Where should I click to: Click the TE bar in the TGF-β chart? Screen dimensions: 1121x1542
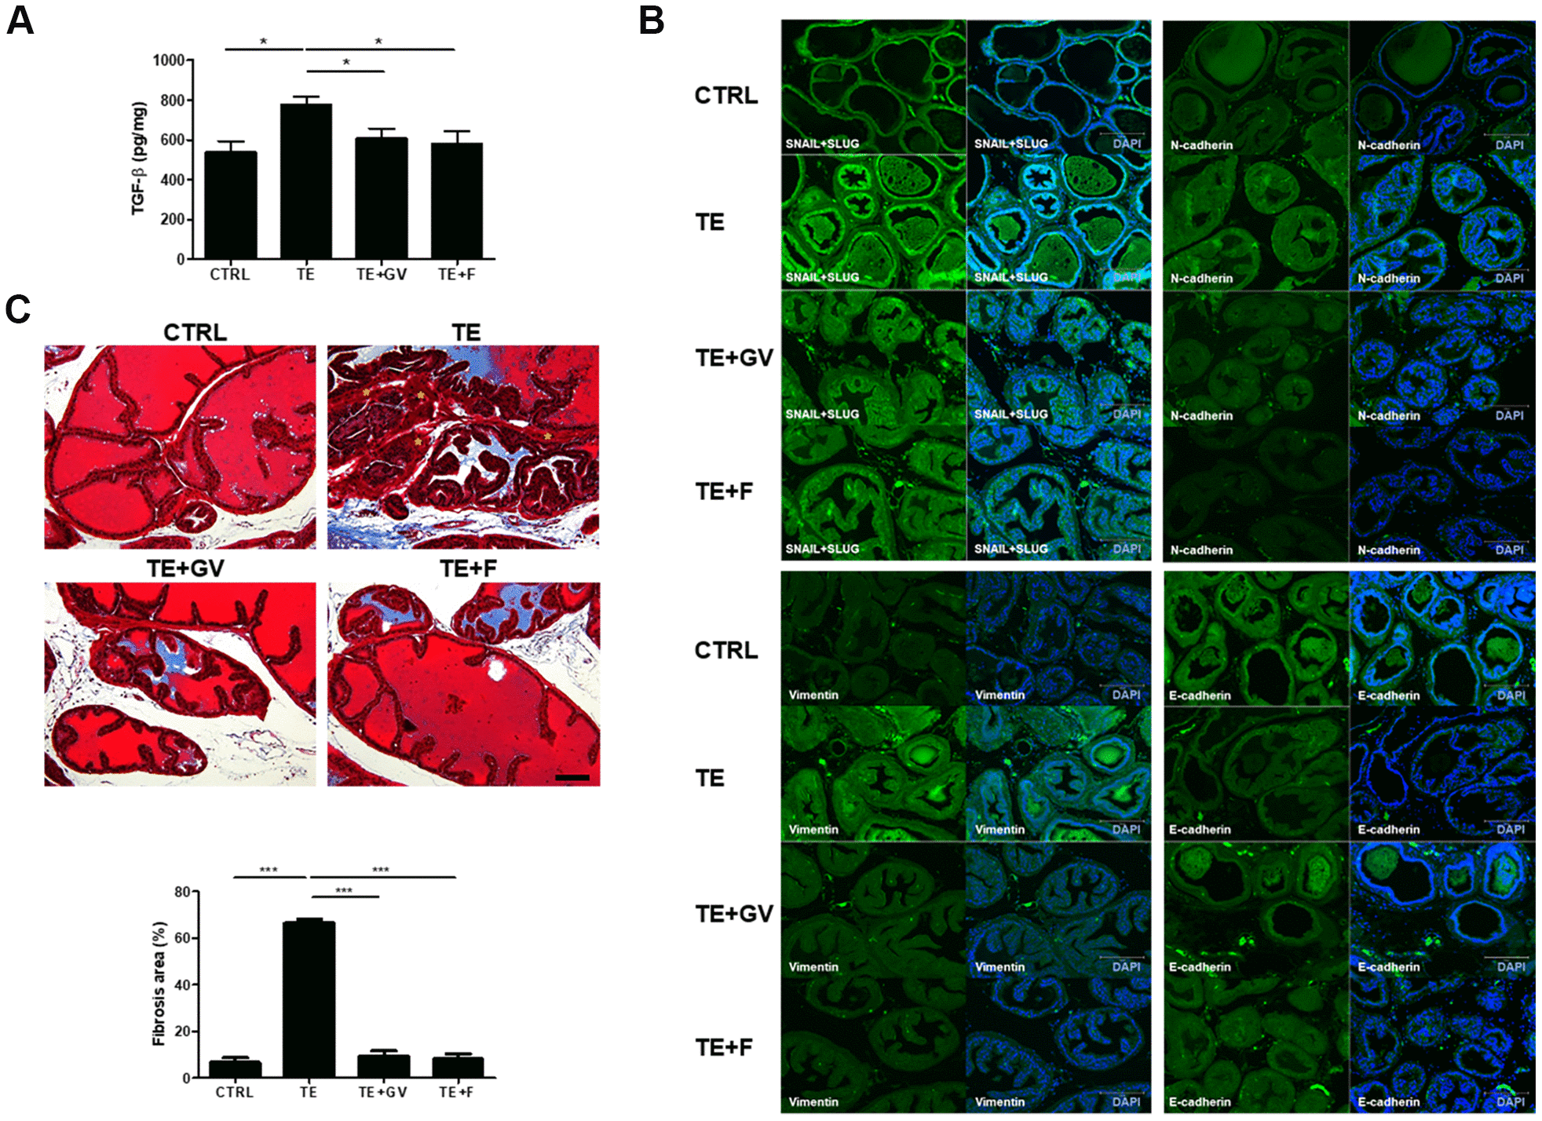point(305,181)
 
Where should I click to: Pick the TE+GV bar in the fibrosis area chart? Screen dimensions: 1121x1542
point(383,1065)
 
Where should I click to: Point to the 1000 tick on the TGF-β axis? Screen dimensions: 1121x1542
point(168,60)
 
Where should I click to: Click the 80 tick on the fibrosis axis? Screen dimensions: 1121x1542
point(182,892)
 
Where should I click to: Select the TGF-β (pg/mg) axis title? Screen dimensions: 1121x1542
point(138,158)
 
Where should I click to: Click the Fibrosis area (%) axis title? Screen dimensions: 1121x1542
point(159,984)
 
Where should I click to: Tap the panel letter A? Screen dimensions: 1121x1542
point(20,21)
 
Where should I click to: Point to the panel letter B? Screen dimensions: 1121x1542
point(652,21)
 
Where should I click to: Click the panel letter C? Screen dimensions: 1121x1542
point(17,309)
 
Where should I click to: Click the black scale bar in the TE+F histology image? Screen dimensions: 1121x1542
point(572,777)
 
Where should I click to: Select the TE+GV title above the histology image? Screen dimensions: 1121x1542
point(185,568)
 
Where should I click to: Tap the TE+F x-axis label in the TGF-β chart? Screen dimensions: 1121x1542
point(456,274)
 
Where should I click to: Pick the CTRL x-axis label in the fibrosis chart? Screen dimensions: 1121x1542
point(234,1092)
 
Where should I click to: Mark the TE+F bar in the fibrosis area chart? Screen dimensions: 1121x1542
point(458,1067)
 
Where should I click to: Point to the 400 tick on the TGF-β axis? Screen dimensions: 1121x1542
point(172,180)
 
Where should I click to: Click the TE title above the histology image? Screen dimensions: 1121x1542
point(466,333)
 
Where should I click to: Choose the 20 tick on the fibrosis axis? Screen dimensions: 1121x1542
point(182,1032)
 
